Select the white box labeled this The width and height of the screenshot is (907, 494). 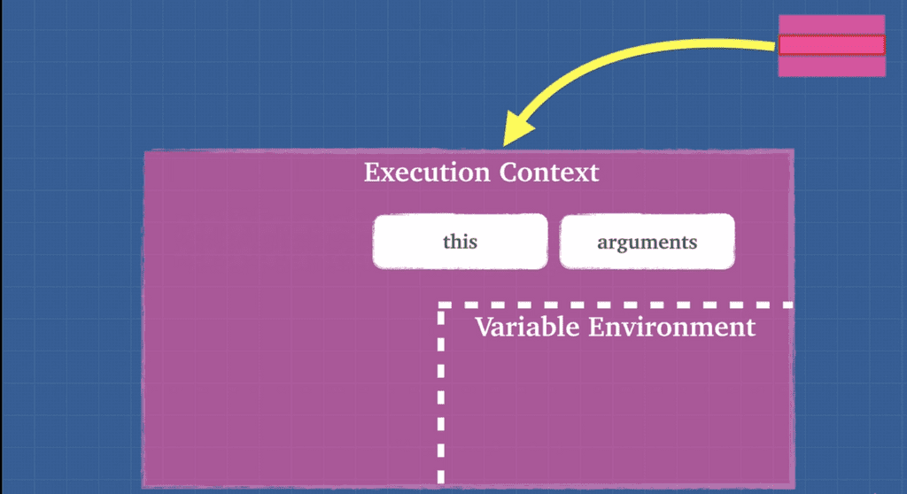[460, 241]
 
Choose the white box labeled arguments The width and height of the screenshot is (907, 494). [647, 241]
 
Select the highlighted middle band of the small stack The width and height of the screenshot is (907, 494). [831, 45]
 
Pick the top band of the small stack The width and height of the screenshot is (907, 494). [831, 25]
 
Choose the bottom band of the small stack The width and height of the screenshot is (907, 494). [831, 66]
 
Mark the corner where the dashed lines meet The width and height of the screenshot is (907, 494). [441, 306]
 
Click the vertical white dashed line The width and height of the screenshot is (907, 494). [441, 398]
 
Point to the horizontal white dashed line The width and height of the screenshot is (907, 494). [620, 305]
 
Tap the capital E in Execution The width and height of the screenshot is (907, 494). [371, 172]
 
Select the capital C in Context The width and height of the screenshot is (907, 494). [508, 172]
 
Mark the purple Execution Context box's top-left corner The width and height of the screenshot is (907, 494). [145, 152]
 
